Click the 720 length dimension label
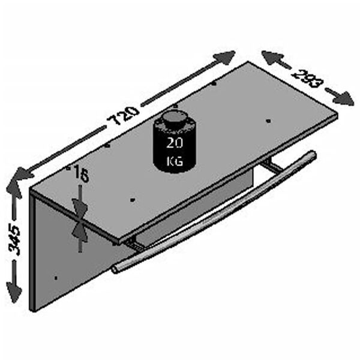tap(124, 118)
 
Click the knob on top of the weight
tap(175, 116)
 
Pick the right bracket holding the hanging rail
tap(274, 167)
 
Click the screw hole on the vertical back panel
tap(55, 277)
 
